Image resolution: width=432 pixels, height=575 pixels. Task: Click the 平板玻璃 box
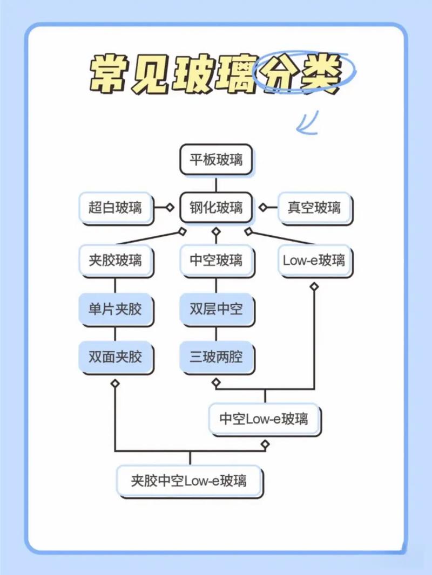(x=216, y=160)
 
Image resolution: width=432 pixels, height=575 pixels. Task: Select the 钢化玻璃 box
(x=216, y=207)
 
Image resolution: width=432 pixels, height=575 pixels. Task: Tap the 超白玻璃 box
(x=116, y=207)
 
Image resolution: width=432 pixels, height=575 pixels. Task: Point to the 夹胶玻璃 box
(x=116, y=261)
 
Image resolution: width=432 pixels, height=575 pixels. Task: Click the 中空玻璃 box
(x=216, y=261)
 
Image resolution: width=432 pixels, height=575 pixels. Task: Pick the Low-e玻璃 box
(x=314, y=261)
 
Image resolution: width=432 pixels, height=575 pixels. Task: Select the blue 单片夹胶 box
(x=116, y=309)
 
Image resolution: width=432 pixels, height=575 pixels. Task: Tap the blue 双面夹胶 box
(x=116, y=357)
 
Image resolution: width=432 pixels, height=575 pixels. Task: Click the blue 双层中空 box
(x=216, y=309)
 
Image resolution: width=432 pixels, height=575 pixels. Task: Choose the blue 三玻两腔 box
(x=216, y=357)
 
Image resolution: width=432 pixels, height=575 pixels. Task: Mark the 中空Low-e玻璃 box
(x=264, y=419)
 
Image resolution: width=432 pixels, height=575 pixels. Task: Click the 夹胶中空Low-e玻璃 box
(x=189, y=480)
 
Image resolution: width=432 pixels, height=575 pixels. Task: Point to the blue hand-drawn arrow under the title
(x=307, y=123)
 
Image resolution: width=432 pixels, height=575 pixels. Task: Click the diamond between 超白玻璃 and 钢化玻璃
(x=170, y=207)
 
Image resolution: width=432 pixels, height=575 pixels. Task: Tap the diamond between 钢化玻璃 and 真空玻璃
(x=263, y=207)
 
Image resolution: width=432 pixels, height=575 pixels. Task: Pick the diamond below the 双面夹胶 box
(x=115, y=383)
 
